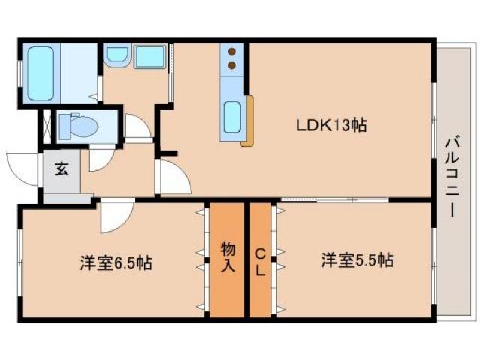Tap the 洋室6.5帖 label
[x=116, y=263]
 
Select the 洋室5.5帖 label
[x=358, y=261]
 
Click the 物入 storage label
[x=228, y=256]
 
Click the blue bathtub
[x=39, y=74]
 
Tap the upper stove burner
[x=232, y=52]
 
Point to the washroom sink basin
[x=117, y=55]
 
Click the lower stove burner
[x=232, y=65]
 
